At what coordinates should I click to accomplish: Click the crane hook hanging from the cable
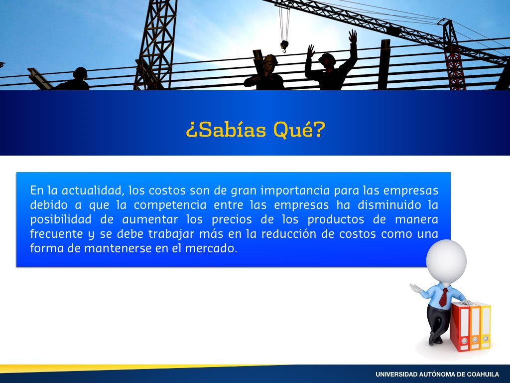click(284, 45)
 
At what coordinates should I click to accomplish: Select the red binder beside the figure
click(460, 327)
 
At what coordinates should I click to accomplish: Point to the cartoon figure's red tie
click(443, 297)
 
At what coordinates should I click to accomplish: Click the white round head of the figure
click(446, 261)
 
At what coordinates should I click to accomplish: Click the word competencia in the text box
click(170, 205)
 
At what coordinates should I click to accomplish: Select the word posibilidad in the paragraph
click(61, 219)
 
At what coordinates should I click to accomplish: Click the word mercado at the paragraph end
click(211, 248)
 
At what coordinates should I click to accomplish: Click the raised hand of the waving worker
click(353, 35)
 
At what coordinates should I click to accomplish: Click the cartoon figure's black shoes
click(434, 339)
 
